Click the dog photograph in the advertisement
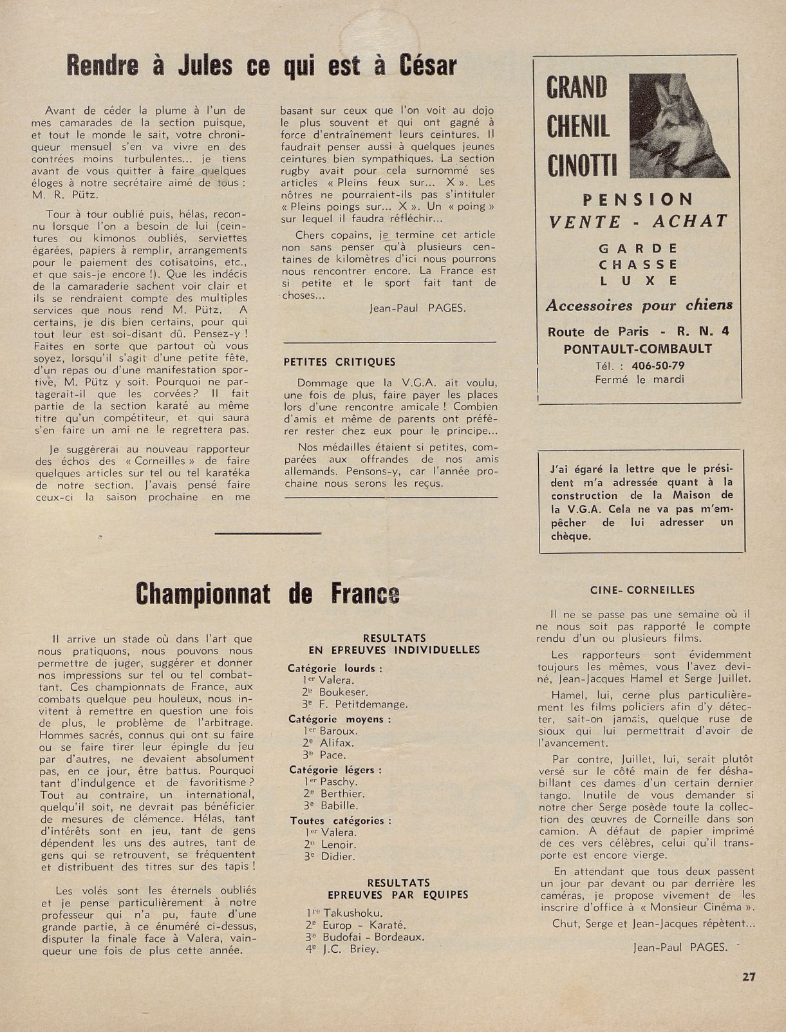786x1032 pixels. pos(678,126)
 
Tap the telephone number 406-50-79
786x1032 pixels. pos(658,366)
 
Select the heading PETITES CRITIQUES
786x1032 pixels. pos(339,362)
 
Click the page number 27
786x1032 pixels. pos(748,977)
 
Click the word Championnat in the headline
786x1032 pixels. pos(203,594)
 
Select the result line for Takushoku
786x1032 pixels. pos(344,913)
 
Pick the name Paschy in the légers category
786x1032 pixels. pos(338,782)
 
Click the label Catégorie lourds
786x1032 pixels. pos(335,668)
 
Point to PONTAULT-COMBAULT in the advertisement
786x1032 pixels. pos(637,349)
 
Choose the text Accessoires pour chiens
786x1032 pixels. pos(639,305)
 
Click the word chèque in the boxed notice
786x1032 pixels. pos(570,536)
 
